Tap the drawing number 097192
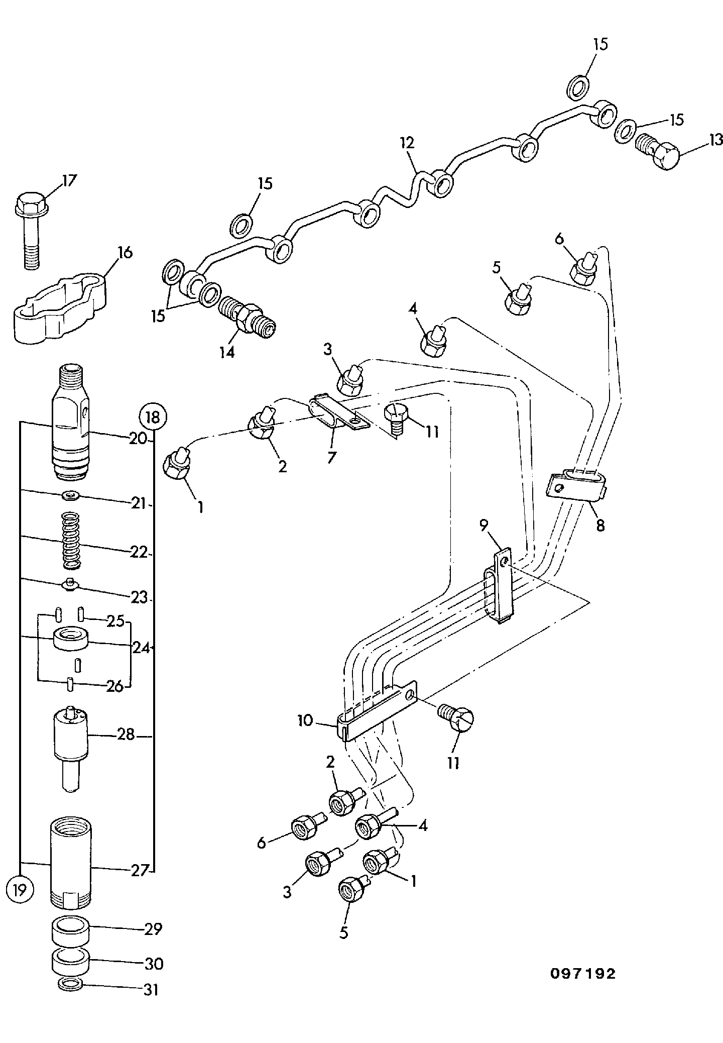pyautogui.click(x=582, y=974)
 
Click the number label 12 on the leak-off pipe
pyautogui.click(x=407, y=142)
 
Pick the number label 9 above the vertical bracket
pyautogui.click(x=483, y=526)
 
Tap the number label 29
pyautogui.click(x=153, y=929)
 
